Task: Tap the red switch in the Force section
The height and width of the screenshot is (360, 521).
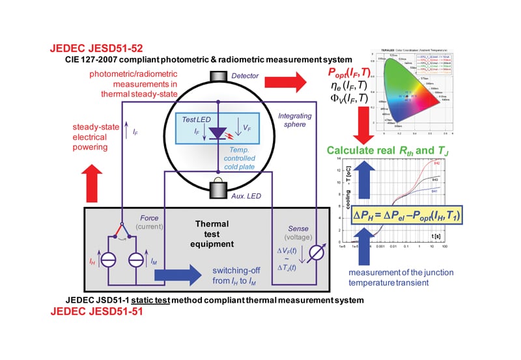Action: tap(124, 228)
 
